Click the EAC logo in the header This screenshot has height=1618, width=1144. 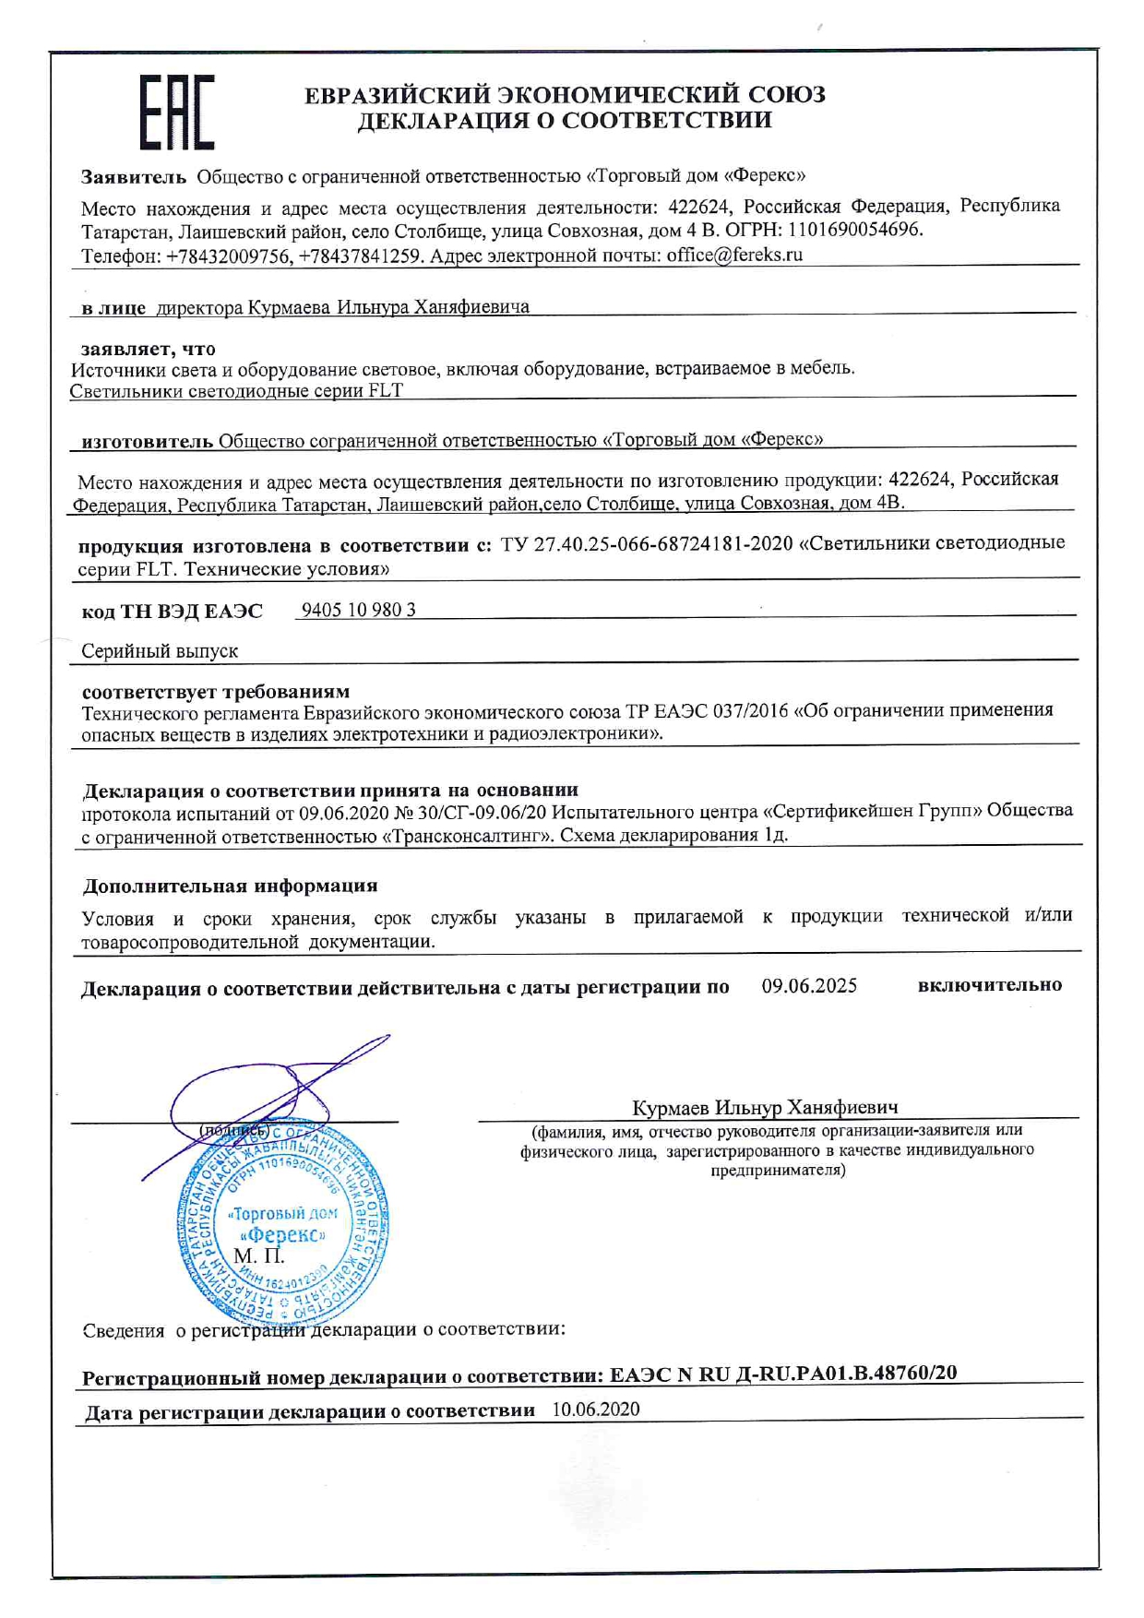pyautogui.click(x=177, y=113)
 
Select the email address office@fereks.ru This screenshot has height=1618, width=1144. pyautogui.click(x=734, y=256)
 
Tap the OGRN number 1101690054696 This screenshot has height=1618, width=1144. pyautogui.click(x=854, y=231)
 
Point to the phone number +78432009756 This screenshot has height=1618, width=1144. pyautogui.click(x=228, y=256)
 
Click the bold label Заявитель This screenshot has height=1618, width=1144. pyautogui.click(x=134, y=176)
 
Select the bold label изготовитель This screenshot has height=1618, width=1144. pyautogui.click(x=148, y=441)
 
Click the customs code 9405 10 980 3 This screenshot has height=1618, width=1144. pyautogui.click(x=359, y=610)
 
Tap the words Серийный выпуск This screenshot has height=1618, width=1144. pyautogui.click(x=160, y=651)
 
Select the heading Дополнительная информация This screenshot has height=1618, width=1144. pyautogui.click(x=230, y=886)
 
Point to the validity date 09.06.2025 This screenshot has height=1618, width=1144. pyautogui.click(x=809, y=986)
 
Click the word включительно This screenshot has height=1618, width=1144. pyautogui.click(x=989, y=985)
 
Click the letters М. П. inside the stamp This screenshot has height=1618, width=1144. pyautogui.click(x=259, y=1256)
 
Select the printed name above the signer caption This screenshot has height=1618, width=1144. pyautogui.click(x=765, y=1107)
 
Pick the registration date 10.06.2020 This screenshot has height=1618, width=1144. pyautogui.click(x=596, y=1410)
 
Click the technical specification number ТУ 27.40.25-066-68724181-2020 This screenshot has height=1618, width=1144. pyautogui.click(x=647, y=544)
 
